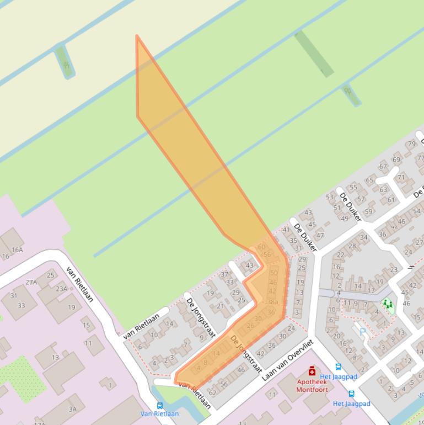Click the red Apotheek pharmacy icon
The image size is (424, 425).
click(312, 371)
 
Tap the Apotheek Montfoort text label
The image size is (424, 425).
click(312, 385)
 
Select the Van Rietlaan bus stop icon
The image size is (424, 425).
click(160, 406)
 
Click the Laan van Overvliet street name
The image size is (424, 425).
click(287, 360)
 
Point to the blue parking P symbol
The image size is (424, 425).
click(362, 332)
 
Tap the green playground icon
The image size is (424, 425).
click(388, 304)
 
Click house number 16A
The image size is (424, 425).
click(17, 249)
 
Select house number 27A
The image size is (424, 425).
click(31, 282)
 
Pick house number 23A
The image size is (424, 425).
click(61, 288)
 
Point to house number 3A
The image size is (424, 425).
click(73, 409)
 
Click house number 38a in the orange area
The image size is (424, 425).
click(272, 302)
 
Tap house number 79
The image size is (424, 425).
click(411, 144)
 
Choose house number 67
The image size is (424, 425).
click(383, 167)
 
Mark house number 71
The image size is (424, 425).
click(401, 178)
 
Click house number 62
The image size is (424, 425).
click(212, 392)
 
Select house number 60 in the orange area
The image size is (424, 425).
click(261, 247)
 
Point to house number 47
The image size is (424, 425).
click(320, 235)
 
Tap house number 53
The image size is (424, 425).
click(330, 196)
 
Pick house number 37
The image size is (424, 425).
click(224, 274)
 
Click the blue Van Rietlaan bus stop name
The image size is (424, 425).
click(159, 413)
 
